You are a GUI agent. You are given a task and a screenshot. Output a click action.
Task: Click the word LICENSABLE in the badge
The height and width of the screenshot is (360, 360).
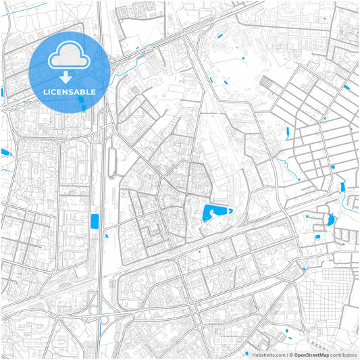coord(70,91)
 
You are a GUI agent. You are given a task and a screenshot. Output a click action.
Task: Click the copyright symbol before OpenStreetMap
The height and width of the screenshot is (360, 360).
coord(290,355)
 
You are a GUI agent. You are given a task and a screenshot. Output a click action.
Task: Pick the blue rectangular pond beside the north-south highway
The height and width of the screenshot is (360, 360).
coord(94,220)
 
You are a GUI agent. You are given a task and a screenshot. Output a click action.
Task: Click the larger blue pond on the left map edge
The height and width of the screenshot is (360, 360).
coord(5,153)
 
